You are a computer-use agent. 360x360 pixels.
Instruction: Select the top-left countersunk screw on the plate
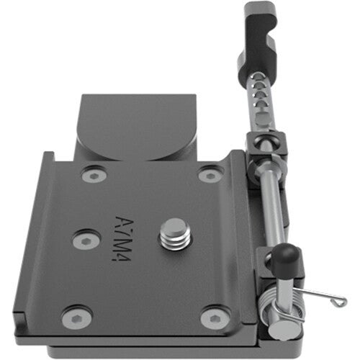pyautogui.click(x=91, y=175)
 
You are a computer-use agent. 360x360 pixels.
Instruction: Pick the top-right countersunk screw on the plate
pyautogui.click(x=210, y=174)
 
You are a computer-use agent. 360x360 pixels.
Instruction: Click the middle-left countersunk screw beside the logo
pyautogui.click(x=86, y=240)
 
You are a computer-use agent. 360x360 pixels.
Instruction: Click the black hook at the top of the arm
pyautogui.click(x=260, y=36)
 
